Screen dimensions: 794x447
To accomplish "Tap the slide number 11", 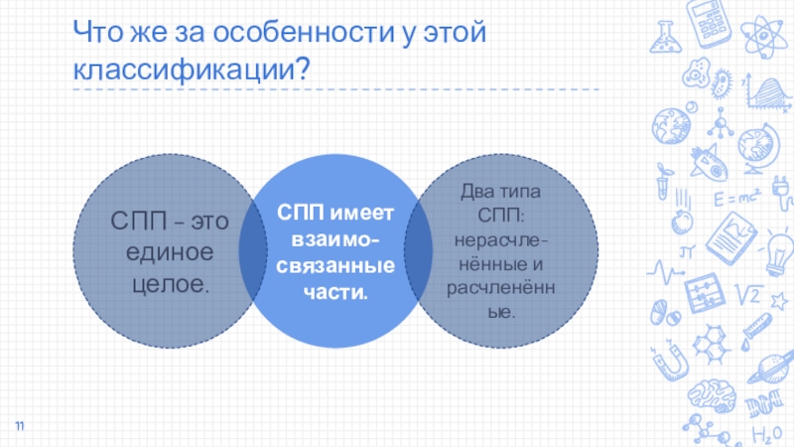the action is (19, 426).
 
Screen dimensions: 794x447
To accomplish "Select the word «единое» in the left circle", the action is (170, 253).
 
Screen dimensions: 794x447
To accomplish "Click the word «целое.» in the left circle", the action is (170, 286).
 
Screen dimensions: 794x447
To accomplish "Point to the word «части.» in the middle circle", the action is (334, 293).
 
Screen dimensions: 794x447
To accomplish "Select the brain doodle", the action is (706, 389).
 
